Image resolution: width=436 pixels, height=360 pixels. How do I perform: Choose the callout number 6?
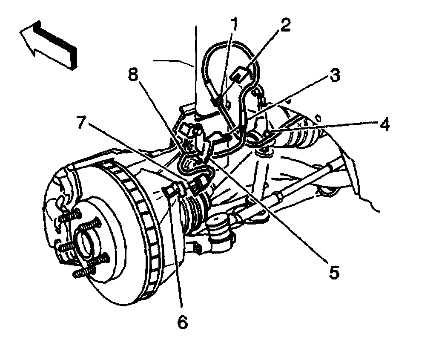pos(182,322)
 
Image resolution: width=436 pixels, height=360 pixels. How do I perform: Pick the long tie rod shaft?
pos(298,187)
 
